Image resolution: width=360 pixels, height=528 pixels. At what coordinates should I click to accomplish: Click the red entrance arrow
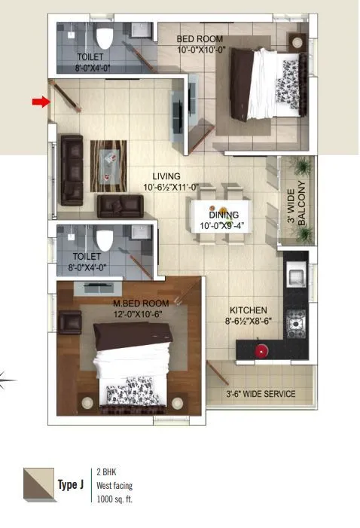coord(40,102)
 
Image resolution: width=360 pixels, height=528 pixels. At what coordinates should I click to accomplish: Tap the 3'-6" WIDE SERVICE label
coord(261,394)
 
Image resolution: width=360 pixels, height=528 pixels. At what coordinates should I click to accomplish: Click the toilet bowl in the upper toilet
coord(104,38)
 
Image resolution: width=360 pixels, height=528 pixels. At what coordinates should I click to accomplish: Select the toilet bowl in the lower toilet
coord(104,240)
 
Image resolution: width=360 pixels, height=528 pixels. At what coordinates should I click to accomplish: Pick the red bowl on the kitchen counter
coord(261,350)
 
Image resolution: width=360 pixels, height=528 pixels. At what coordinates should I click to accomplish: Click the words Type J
coord(70,484)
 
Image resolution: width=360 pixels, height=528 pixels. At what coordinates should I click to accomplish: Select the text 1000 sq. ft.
coord(114,499)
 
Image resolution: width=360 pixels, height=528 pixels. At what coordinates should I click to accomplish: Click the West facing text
coord(114,486)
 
